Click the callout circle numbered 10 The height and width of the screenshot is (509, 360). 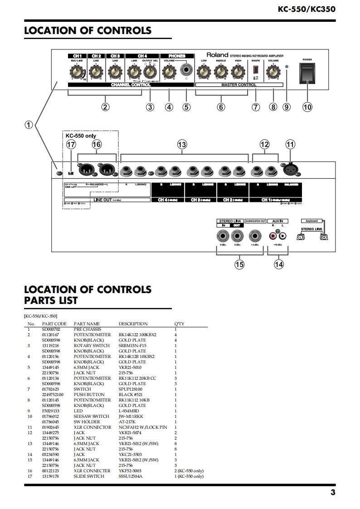[x=307, y=107]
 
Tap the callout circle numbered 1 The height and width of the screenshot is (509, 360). [x=29, y=125]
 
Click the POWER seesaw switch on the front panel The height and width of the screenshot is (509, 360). [x=307, y=73]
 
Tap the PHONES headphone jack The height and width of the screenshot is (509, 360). [x=186, y=70]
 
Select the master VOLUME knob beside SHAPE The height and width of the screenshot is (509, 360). [x=273, y=71]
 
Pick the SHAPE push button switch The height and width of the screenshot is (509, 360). [x=255, y=71]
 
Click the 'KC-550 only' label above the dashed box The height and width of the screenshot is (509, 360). [x=81, y=136]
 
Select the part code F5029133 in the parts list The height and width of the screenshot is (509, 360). [x=51, y=411]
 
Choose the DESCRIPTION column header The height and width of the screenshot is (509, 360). [x=133, y=324]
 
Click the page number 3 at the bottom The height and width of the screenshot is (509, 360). [x=333, y=493]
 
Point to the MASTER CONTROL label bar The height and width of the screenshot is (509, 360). [x=239, y=85]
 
